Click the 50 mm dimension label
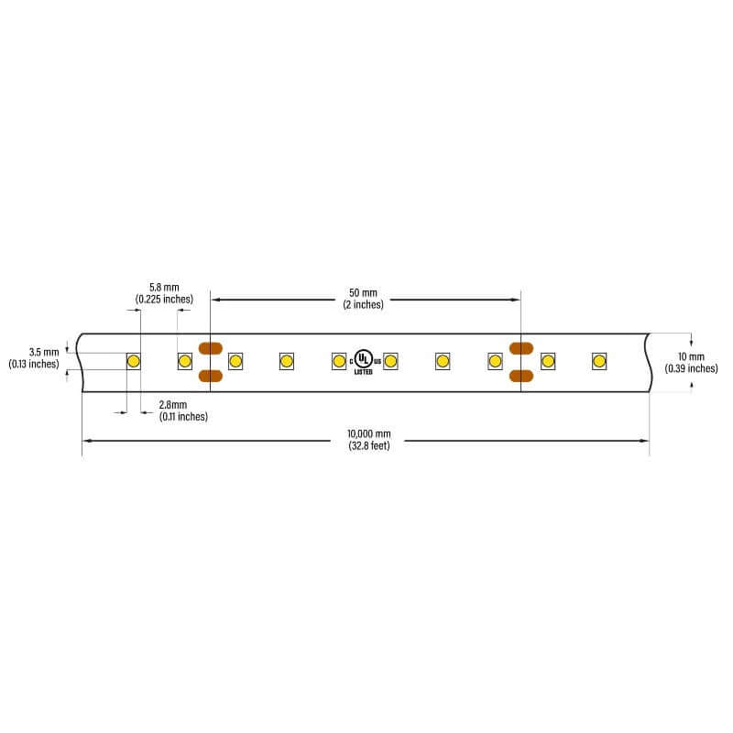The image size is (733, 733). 363,292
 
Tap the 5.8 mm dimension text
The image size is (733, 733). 164,287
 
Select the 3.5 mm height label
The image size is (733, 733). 44,352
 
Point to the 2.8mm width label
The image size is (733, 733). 173,404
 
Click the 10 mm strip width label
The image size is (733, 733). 691,356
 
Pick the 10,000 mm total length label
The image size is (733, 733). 369,433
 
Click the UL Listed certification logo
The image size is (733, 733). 365,361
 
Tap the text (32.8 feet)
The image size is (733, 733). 369,445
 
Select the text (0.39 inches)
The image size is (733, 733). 692,368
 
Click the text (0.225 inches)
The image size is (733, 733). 164,300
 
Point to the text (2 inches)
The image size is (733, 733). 363,305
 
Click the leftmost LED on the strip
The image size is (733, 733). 133,361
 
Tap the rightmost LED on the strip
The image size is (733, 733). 599,361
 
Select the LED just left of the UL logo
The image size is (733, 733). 339,361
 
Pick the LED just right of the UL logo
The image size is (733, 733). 390,361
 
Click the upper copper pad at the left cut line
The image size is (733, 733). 211,348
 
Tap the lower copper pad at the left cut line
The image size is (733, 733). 211,376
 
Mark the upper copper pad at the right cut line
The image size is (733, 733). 521,348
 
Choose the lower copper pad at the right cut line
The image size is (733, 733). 521,376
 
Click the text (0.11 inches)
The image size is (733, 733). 183,417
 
